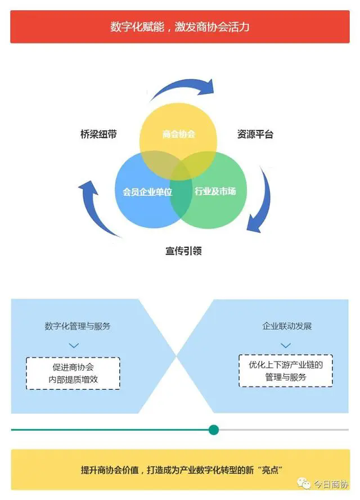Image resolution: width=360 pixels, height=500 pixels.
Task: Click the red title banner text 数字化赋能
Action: tap(137, 27)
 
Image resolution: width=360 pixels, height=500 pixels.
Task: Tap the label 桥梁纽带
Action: tap(98, 134)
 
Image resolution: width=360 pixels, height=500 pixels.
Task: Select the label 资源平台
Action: tap(255, 134)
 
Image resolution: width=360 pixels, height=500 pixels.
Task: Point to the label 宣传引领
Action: tap(183, 251)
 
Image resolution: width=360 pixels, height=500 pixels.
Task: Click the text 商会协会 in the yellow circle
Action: tap(178, 134)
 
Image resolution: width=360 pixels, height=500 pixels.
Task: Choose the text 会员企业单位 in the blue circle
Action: tap(147, 192)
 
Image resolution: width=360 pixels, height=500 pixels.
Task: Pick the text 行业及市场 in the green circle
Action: tap(215, 191)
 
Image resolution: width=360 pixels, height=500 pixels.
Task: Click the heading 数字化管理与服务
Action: tap(78, 326)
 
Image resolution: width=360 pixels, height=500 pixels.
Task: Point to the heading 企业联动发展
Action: tap(287, 326)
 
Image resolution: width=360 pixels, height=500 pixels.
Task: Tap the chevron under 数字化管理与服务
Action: tap(74, 345)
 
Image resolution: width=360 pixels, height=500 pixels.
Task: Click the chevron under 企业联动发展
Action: tap(286, 345)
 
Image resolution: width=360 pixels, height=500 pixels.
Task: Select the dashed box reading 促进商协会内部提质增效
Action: tap(73, 373)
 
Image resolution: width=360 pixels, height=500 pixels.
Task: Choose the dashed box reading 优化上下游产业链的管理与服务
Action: tap(286, 371)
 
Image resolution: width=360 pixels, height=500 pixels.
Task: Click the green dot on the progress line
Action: tap(214, 430)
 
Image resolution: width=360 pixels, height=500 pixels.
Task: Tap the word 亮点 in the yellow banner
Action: tap(270, 470)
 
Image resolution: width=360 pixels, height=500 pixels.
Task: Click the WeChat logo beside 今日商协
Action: tap(304, 484)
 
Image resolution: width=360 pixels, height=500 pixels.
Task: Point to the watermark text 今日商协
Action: tap(331, 484)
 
